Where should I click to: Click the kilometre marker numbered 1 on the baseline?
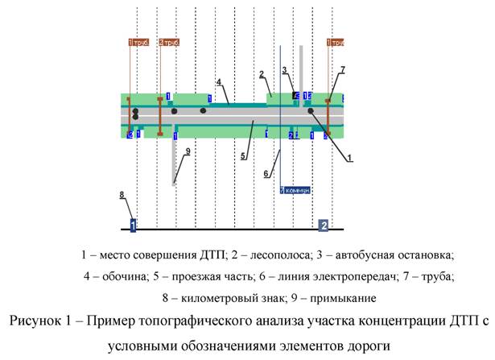click(134, 224)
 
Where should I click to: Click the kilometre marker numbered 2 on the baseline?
click(324, 225)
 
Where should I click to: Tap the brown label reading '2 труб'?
click(169, 42)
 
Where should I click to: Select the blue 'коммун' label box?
click(295, 190)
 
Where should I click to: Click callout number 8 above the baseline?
click(121, 195)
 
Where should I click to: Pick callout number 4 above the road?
click(218, 82)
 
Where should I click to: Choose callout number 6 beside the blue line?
click(266, 173)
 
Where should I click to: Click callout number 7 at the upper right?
click(342, 70)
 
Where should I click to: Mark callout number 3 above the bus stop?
click(284, 71)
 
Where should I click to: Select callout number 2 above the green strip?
click(262, 75)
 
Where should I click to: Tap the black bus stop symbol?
click(295, 97)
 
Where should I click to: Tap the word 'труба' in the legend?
click(435, 276)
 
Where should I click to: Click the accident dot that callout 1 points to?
click(311, 111)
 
